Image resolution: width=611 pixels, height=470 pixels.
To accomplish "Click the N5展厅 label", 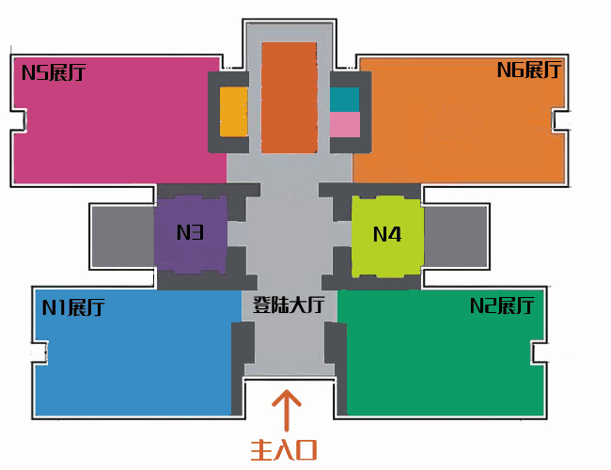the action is [54, 72].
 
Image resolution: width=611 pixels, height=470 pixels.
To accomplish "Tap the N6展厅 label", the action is [529, 70].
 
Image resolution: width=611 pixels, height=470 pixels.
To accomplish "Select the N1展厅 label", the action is [73, 307].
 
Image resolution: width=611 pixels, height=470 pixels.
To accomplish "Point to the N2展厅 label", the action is [502, 305].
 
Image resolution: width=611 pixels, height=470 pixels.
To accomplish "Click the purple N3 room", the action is [191, 234].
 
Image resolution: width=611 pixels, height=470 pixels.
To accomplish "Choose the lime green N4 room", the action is [387, 237].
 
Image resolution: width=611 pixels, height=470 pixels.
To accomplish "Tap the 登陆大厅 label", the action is [289, 305].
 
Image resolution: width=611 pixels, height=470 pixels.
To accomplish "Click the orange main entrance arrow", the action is [287, 411].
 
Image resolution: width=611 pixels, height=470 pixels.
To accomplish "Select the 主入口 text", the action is [283, 450].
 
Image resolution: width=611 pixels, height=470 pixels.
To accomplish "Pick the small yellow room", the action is [234, 112].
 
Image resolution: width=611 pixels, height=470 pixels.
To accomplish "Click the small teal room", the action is [345, 100].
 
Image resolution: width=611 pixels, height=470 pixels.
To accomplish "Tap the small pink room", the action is [345, 125].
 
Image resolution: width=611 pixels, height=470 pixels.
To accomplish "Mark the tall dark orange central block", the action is [290, 98].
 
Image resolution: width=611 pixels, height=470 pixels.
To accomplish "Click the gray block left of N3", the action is [123, 237].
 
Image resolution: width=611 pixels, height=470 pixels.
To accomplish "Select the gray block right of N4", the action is [456, 237].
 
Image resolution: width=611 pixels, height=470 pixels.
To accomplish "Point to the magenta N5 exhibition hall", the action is [117, 121].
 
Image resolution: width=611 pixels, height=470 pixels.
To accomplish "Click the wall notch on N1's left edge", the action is [39, 353].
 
